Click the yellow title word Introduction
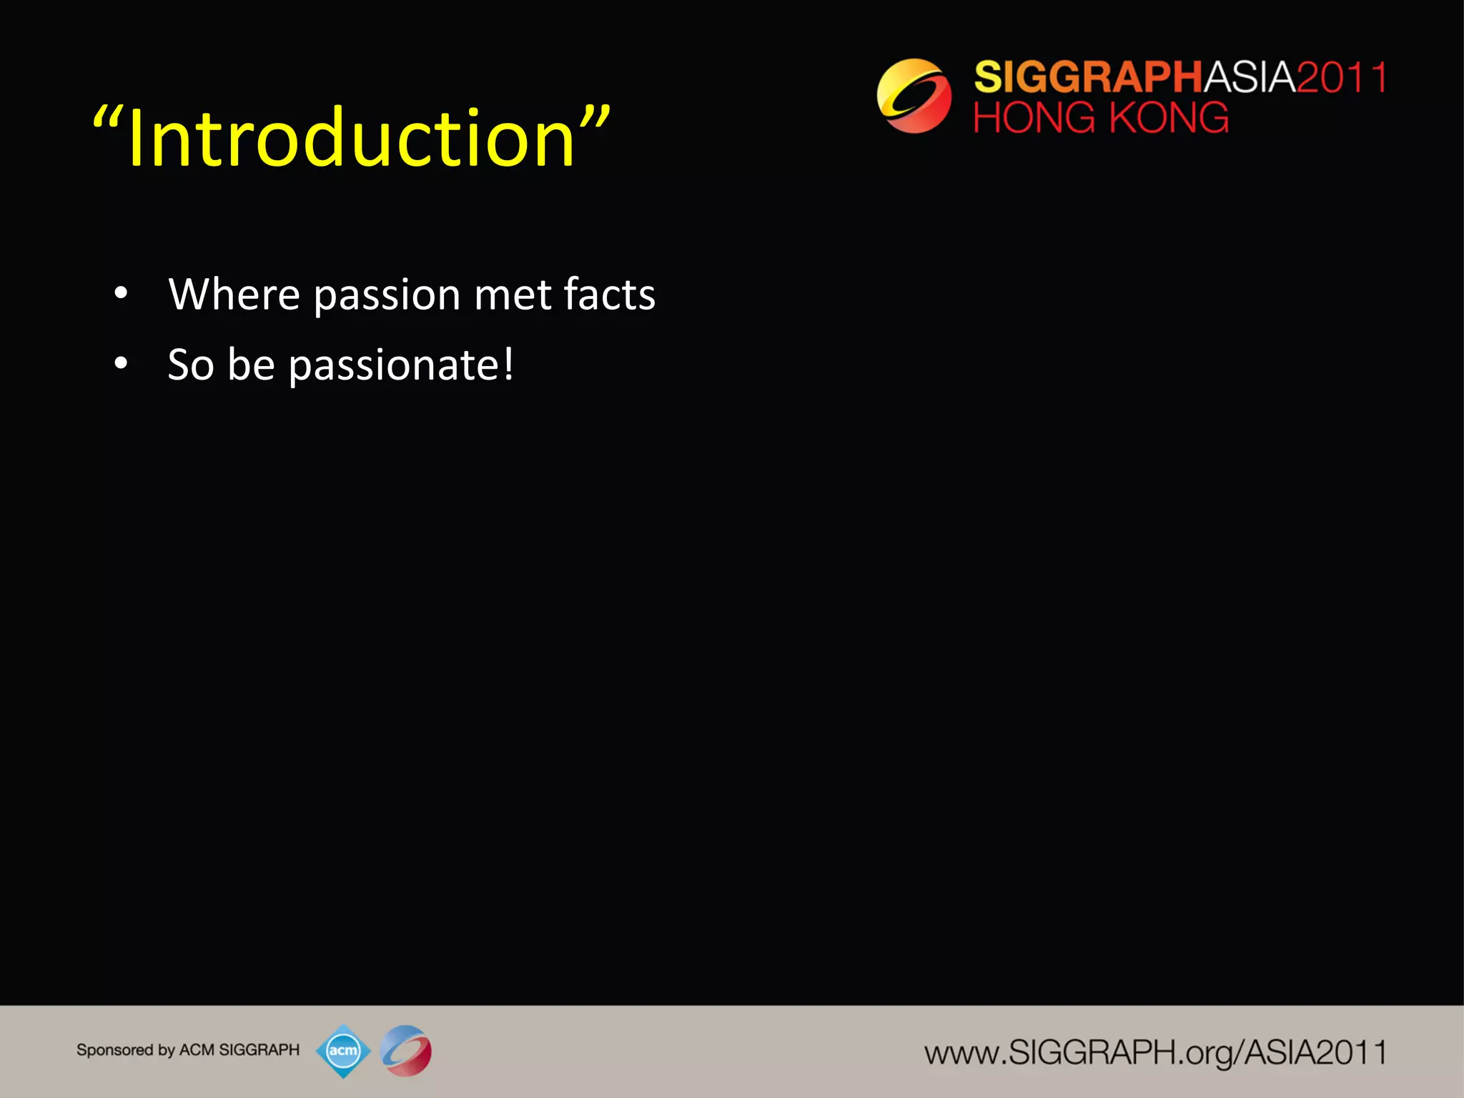[x=350, y=138]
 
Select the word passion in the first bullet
[x=387, y=295]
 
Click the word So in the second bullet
[x=191, y=365]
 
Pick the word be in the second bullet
[x=251, y=365]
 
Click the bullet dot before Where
[x=121, y=293]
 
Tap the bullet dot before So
[x=121, y=364]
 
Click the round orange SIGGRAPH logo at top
[x=914, y=96]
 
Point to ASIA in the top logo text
[x=1250, y=77]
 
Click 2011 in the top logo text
[x=1341, y=77]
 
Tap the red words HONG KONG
[x=1101, y=118]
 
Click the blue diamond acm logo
[x=343, y=1051]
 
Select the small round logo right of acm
[x=406, y=1051]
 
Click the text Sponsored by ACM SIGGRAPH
[x=188, y=1050]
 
